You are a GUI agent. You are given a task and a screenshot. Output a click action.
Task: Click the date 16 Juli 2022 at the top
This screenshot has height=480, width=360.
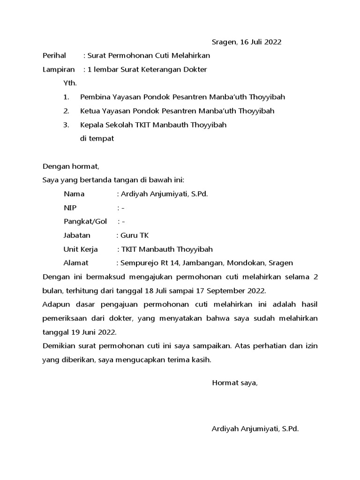[x=261, y=42]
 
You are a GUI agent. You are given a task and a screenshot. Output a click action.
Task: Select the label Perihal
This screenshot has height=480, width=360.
[x=55, y=56]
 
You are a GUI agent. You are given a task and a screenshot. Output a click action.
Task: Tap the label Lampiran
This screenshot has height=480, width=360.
[x=59, y=69]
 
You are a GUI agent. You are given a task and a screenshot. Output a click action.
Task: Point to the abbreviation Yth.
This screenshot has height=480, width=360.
[x=70, y=83]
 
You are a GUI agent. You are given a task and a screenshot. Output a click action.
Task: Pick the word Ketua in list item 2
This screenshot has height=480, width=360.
[x=90, y=111]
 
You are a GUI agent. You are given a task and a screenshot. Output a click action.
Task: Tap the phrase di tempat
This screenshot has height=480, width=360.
[x=97, y=138]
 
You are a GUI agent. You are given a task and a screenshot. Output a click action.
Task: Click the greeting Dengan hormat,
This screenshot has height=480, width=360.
[x=71, y=166]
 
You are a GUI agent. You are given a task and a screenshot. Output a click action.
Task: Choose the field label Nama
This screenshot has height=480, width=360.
[x=74, y=194]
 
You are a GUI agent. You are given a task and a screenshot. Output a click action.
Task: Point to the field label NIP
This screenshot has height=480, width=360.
[x=70, y=208]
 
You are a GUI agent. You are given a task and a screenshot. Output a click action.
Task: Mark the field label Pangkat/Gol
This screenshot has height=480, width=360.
[x=85, y=221]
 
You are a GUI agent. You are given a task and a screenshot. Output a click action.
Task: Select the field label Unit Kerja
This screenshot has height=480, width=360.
[x=81, y=249]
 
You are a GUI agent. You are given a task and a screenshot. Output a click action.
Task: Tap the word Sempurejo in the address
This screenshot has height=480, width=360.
[x=140, y=263]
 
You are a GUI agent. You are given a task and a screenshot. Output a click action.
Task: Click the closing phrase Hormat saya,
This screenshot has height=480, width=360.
[x=235, y=383]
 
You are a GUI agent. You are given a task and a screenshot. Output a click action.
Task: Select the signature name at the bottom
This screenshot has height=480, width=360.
[x=255, y=429]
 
